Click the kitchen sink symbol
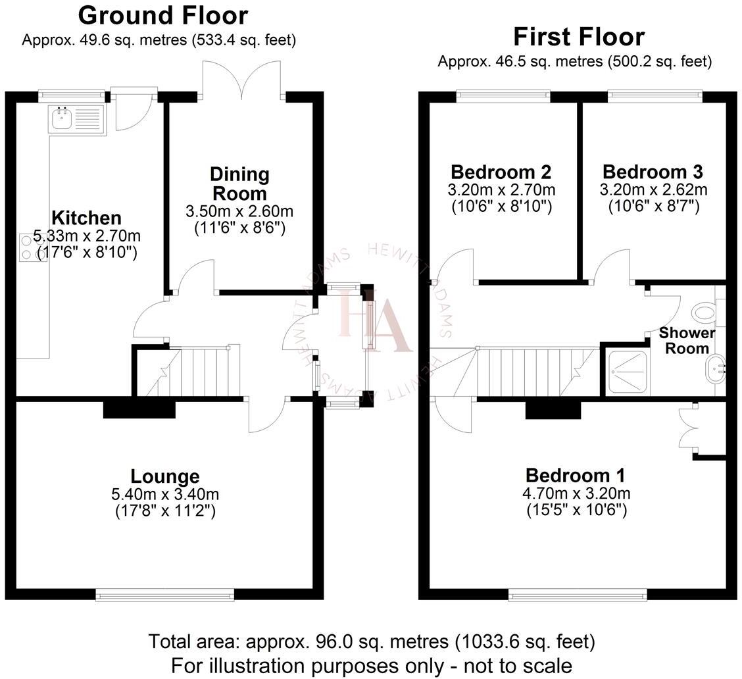[x=76, y=120]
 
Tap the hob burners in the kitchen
[x=27, y=247]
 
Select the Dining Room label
[x=239, y=184]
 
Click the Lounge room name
[x=164, y=476]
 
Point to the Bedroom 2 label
[x=501, y=172]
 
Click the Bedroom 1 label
[x=575, y=475]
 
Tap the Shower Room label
[x=687, y=340]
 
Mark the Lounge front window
[x=164, y=595]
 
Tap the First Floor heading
[x=579, y=36]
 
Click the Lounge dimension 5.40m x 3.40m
[x=164, y=494]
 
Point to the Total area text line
[x=371, y=640]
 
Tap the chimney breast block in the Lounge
[x=139, y=409]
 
